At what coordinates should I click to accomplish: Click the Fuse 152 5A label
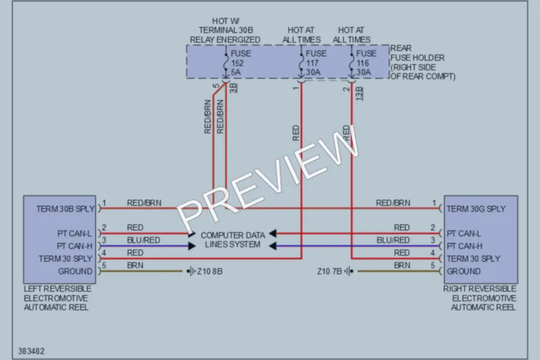241,62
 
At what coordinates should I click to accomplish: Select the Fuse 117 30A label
316,62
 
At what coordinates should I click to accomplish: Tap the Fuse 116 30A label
366,62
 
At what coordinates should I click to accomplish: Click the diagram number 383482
31,351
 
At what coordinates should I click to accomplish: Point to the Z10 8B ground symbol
191,271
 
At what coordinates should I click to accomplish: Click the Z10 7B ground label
329,271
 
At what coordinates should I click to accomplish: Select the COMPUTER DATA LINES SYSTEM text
233,240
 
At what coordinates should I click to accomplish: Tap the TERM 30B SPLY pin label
65,209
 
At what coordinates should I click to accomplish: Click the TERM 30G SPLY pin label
476,209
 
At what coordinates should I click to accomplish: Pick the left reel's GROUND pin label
75,271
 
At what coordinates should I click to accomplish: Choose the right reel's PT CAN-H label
464,246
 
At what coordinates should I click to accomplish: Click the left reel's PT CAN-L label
74,233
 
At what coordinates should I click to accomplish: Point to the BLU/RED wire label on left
143,240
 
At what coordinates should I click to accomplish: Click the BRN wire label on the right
402,265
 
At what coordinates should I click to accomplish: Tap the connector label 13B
359,94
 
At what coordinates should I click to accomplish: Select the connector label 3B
233,88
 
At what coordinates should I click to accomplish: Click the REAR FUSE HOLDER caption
422,62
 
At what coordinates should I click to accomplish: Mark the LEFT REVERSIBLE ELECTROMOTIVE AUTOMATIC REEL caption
58,298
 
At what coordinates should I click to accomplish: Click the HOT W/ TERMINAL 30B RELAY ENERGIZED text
225,31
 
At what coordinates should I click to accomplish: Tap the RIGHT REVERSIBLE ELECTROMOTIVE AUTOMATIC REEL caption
480,298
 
